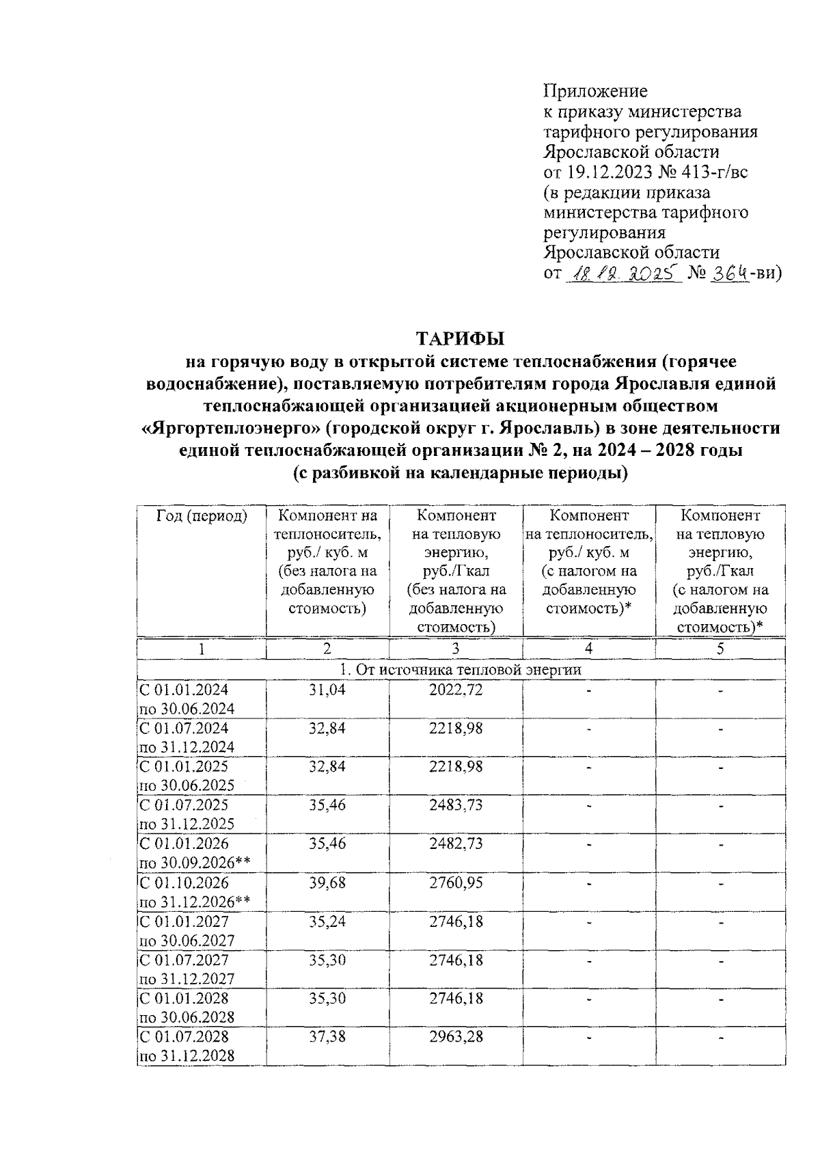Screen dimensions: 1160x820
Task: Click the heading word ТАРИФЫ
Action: point(461,338)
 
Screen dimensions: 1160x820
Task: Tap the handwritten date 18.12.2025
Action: point(623,273)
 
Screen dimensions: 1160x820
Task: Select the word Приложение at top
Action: point(595,90)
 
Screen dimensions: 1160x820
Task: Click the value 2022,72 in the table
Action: point(456,690)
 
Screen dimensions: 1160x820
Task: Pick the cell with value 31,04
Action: point(327,690)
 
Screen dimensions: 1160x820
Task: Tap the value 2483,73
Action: point(456,805)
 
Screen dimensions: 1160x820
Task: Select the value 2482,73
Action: point(456,844)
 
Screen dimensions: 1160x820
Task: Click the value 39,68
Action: point(327,882)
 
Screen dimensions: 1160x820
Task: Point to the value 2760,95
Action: point(456,882)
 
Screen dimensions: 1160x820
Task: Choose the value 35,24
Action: point(327,921)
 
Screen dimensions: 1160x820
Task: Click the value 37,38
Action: point(327,1036)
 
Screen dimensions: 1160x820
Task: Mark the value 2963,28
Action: point(456,1036)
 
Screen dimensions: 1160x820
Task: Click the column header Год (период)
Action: point(202,516)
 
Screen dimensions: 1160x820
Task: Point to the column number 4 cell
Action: point(588,649)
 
